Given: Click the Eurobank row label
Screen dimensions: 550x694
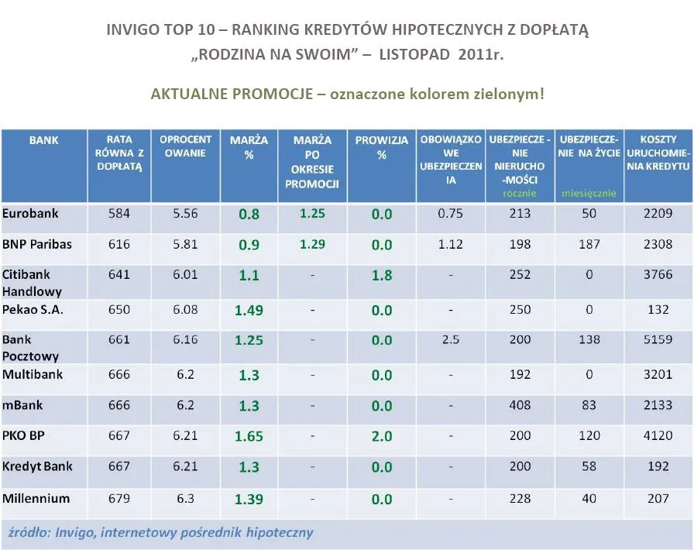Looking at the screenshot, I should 31,213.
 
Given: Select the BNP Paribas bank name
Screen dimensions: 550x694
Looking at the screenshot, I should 37,244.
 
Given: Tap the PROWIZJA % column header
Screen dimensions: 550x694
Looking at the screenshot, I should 382,147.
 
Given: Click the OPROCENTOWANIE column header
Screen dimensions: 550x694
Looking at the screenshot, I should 186,146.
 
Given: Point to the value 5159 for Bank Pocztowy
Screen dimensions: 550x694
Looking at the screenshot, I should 658,340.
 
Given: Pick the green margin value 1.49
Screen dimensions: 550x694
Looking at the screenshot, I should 249,311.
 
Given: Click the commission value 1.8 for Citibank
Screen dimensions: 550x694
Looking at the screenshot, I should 382,275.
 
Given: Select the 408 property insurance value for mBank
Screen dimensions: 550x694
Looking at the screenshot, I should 520,405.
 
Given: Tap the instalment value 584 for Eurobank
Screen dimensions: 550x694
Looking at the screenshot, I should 119,214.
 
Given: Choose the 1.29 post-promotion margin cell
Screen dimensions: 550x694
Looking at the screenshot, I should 312,244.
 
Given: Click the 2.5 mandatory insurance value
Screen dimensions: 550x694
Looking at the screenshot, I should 451,340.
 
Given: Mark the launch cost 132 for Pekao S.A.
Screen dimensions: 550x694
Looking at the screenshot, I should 658,310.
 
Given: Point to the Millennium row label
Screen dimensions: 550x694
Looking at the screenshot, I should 36,499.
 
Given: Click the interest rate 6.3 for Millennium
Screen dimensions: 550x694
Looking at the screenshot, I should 185,499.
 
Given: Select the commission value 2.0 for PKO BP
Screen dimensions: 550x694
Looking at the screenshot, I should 382,436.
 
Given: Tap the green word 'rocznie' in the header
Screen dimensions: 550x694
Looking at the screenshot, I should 520,193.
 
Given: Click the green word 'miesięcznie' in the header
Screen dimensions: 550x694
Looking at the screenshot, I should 589,193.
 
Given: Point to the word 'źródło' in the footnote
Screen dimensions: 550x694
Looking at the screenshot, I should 27,533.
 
